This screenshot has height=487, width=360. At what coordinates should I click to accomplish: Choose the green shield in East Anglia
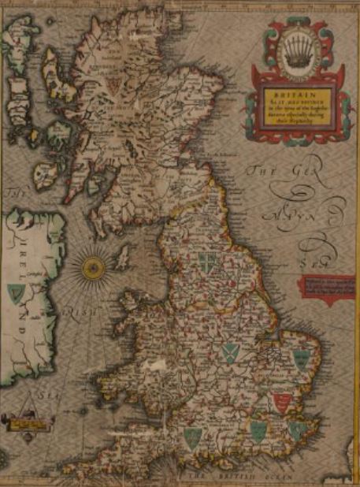(302, 360)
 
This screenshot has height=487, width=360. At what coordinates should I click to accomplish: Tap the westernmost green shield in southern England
(191, 436)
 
